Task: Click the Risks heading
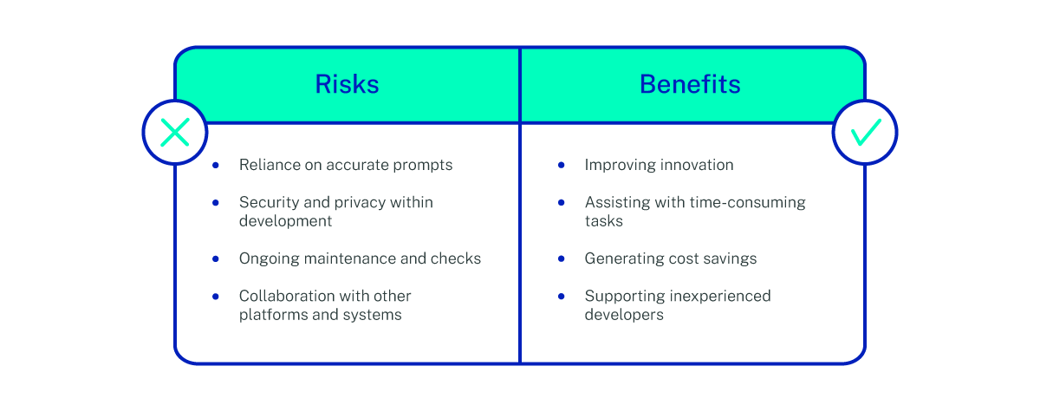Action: (x=347, y=84)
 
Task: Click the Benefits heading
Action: (x=690, y=84)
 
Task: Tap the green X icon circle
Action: (x=174, y=133)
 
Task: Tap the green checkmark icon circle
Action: (x=865, y=133)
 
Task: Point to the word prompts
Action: (x=423, y=165)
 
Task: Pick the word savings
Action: (x=728, y=258)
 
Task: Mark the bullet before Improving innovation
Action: (x=562, y=165)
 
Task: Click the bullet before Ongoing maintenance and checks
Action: (x=217, y=258)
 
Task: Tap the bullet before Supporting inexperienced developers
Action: (x=562, y=296)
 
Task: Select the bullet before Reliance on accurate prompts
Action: (x=217, y=165)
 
